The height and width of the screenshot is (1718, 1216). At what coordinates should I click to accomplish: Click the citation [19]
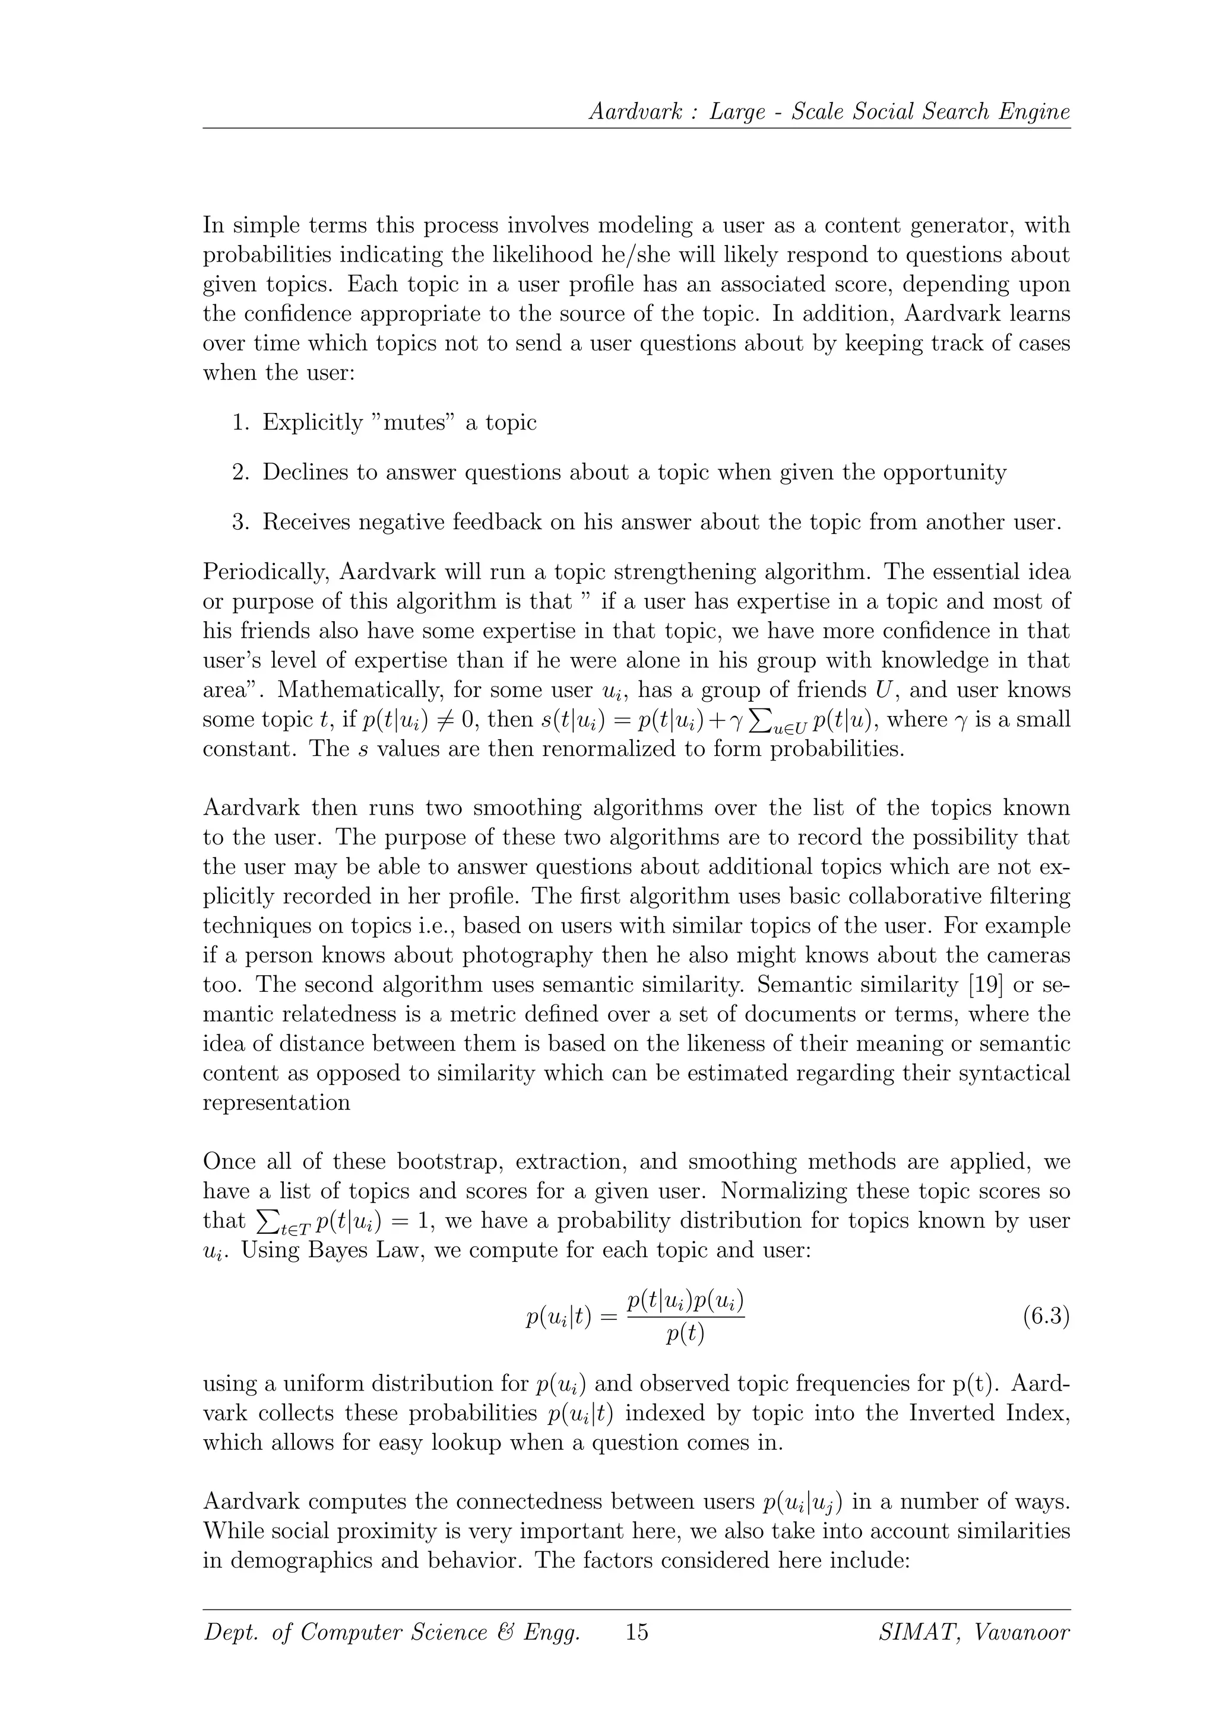(981, 985)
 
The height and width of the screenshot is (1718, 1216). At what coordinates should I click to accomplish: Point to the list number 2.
(240, 473)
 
